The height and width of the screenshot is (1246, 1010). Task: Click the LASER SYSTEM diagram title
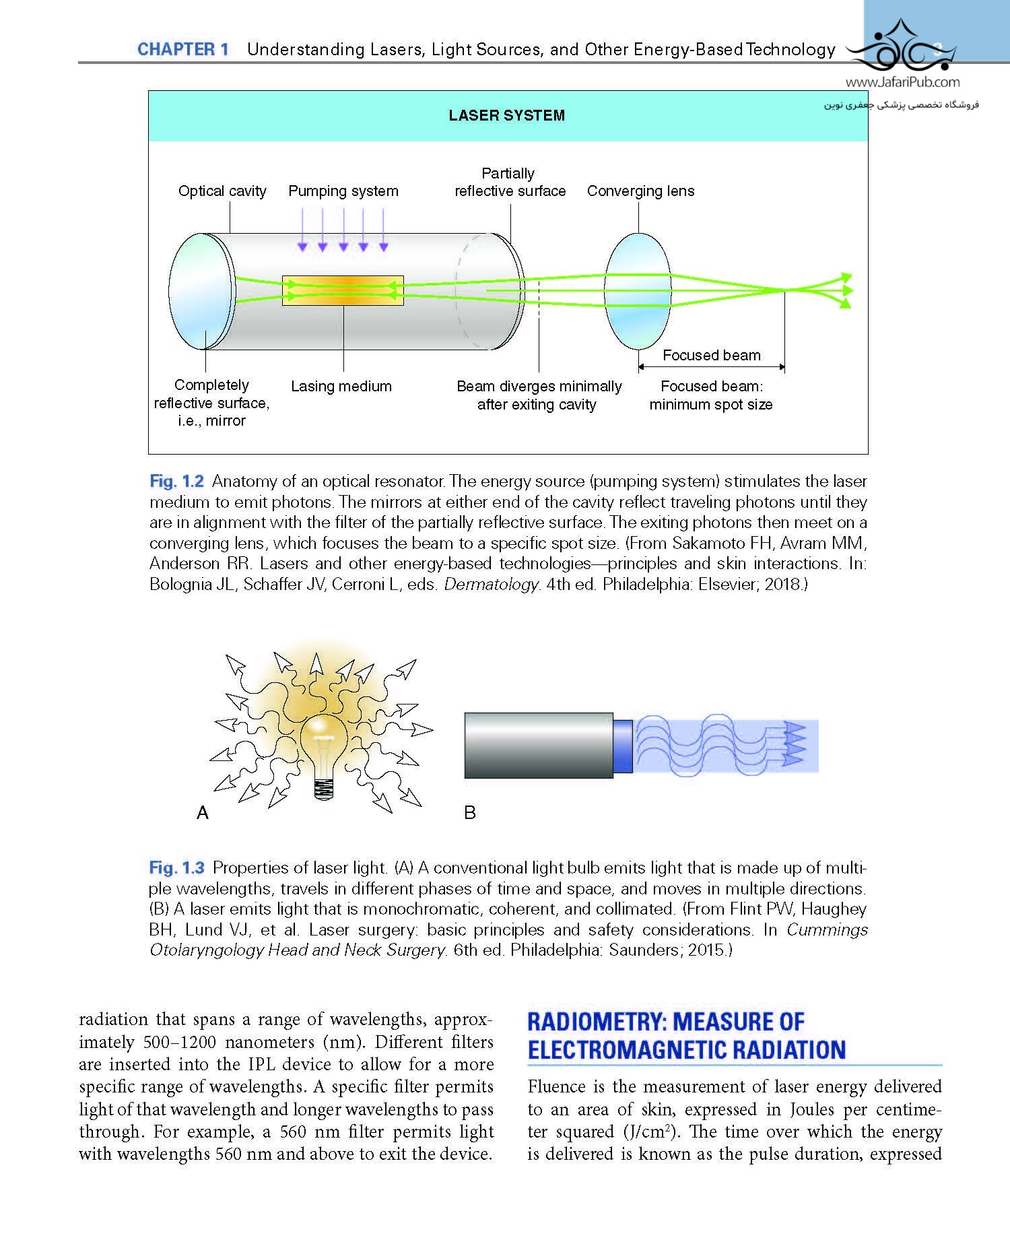coord(507,115)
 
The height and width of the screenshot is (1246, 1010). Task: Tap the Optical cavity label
coord(222,191)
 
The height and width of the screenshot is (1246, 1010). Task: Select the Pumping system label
coord(343,191)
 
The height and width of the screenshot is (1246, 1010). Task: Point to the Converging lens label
coord(640,191)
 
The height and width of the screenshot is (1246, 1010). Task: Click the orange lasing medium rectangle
coord(343,290)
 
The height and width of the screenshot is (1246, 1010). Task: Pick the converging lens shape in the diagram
coord(638,291)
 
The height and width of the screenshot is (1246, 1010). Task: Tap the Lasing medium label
coord(341,387)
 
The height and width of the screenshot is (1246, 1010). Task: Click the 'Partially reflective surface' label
coord(510,183)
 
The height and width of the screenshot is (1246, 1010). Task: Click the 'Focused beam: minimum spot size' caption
coord(711,395)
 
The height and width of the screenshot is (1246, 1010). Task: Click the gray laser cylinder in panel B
coord(539,746)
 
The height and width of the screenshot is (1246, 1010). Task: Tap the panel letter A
coord(203,814)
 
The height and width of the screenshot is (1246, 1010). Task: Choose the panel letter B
coord(470,813)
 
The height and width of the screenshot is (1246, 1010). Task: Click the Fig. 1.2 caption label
coord(176,482)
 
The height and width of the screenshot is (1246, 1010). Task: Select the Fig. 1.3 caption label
coord(176,868)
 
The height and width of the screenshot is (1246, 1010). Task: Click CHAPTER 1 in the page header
coord(183,49)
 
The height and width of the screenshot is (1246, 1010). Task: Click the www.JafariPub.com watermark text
coord(902,83)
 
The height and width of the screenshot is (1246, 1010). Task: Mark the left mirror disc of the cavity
coord(200,291)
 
